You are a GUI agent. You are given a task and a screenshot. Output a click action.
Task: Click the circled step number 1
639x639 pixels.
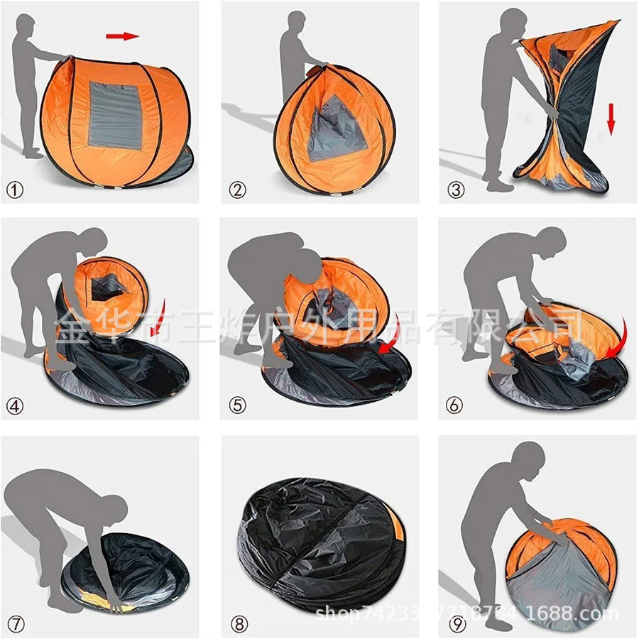[16, 190]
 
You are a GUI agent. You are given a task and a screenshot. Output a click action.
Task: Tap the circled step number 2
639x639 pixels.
[237, 190]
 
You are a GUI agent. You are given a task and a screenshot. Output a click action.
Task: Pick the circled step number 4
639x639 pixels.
[16, 405]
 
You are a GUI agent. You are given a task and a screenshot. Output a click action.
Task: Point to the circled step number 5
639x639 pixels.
[237, 405]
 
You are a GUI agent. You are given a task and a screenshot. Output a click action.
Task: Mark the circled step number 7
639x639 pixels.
[16, 624]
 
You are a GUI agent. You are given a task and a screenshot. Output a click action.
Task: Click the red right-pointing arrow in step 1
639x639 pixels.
[122, 35]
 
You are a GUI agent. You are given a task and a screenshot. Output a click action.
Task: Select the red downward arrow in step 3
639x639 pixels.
[611, 118]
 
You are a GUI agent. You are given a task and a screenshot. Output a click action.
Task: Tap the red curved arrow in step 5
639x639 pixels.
[390, 337]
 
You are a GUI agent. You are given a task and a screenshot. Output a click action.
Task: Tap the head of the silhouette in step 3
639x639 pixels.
[513, 23]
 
